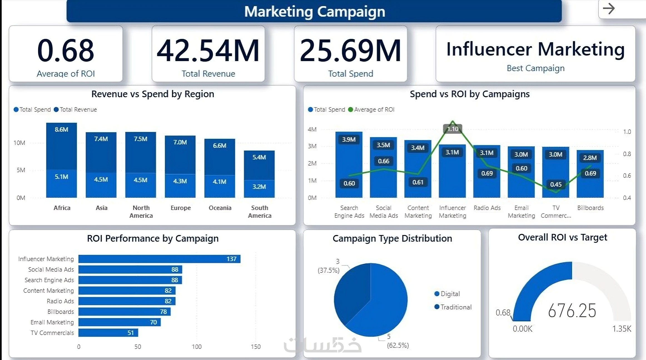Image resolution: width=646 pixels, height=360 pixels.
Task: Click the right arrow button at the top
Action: [609, 9]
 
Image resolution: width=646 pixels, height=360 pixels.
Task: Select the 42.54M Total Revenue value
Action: [208, 51]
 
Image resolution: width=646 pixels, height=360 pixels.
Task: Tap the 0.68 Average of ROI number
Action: [66, 51]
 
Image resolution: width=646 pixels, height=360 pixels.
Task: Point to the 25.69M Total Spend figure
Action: [350, 51]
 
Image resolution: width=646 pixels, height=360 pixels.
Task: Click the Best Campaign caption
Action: [535, 68]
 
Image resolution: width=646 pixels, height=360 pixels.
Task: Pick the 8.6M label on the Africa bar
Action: [61, 129]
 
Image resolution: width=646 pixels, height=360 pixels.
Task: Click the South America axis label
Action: [260, 212]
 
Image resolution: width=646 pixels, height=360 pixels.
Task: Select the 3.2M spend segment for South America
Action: [259, 187]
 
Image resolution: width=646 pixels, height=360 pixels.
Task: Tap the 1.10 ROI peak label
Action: [453, 129]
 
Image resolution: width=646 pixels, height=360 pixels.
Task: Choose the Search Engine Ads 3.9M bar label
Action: [349, 139]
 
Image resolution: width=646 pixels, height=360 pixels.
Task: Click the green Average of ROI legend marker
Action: [351, 109]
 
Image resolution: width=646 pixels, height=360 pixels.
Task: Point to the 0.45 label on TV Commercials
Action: [556, 184]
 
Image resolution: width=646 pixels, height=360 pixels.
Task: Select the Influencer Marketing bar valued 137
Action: [159, 259]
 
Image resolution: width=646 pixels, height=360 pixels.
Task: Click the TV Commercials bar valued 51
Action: [108, 333]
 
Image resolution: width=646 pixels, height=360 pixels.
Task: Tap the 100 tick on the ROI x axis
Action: [197, 347]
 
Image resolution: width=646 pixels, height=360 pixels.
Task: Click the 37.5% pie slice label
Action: [329, 270]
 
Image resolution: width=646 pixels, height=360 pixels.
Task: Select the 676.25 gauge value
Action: [572, 311]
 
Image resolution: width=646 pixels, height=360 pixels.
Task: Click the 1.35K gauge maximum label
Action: [622, 329]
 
